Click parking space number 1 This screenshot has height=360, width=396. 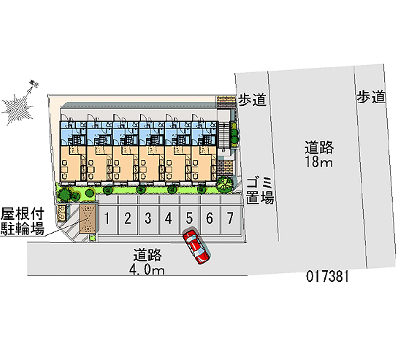(x=107, y=218)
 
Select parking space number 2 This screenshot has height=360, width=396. (x=127, y=218)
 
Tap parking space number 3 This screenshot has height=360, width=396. (x=148, y=218)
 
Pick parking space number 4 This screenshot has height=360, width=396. (x=168, y=218)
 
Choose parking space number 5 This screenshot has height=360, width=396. (x=189, y=218)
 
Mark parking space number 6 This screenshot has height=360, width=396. (x=209, y=218)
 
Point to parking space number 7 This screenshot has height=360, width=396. (x=230, y=218)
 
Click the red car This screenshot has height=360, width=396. (x=197, y=246)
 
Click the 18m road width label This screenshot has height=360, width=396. (x=319, y=154)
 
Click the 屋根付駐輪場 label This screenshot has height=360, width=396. (x=23, y=221)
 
